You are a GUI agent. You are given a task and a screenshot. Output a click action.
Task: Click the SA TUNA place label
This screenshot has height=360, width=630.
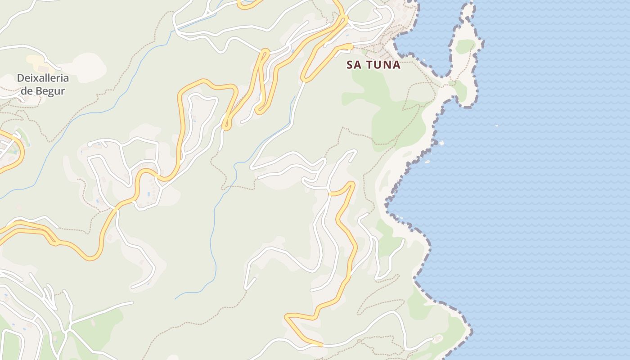pos(373,65)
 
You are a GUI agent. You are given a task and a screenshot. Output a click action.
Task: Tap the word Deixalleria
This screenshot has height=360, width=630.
pos(43,78)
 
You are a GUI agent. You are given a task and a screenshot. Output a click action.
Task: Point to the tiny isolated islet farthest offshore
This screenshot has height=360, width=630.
pos(497,126)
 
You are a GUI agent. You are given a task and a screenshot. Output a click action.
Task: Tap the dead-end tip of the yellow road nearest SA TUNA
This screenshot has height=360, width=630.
pos(351,45)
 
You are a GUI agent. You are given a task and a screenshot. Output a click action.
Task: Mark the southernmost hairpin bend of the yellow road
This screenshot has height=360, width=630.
pos(288,318)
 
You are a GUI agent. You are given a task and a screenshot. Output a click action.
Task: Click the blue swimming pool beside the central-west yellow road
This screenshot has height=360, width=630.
pos(148,194)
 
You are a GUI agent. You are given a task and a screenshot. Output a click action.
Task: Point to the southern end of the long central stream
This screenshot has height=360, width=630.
pos(176,298)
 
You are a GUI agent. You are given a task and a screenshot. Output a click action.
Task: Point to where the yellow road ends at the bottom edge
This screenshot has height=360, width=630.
pos(320,345)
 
